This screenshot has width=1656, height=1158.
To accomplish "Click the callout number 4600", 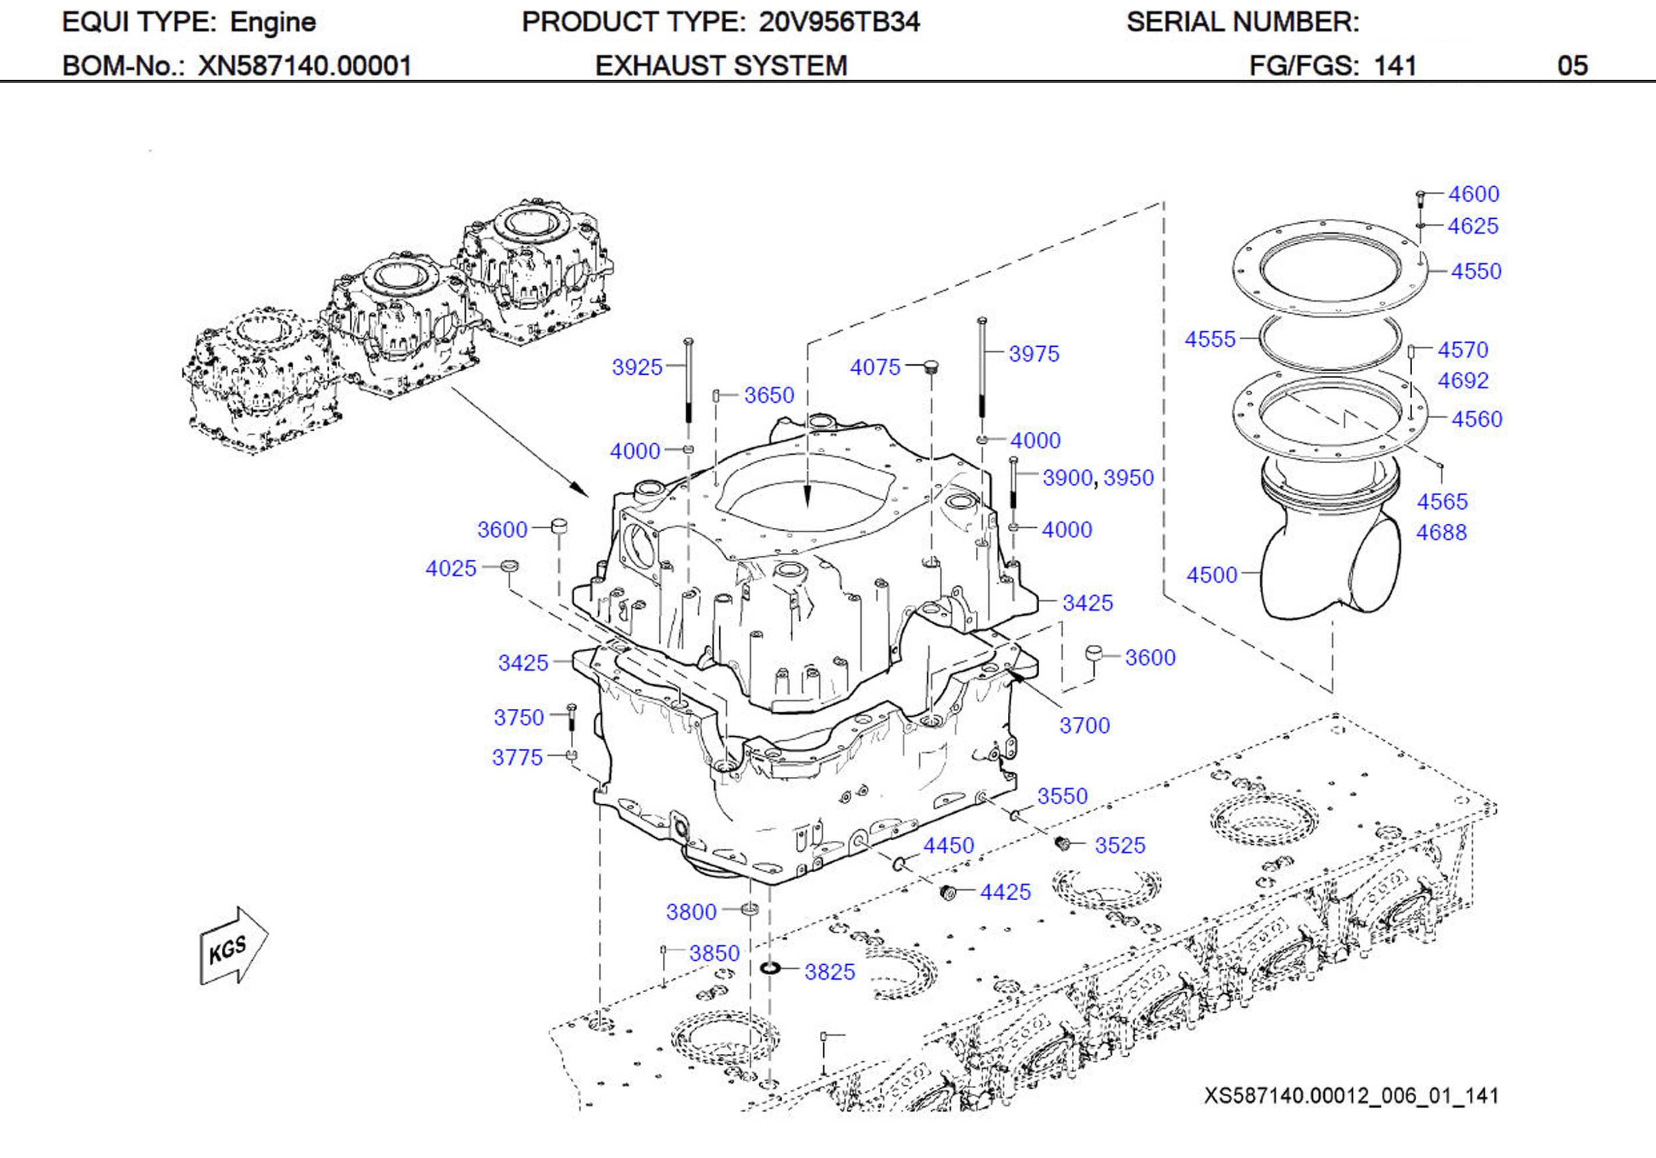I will click(x=1473, y=194).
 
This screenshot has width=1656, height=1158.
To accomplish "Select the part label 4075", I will click(x=875, y=367).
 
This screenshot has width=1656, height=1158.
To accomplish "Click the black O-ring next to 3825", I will click(x=770, y=968).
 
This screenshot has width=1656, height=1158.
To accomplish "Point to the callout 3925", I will click(x=637, y=367).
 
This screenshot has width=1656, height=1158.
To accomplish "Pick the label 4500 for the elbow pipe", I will click(x=1211, y=575).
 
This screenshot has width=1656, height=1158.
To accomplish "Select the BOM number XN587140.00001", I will click(x=304, y=66).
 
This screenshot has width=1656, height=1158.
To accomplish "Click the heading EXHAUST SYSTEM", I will click(x=720, y=66).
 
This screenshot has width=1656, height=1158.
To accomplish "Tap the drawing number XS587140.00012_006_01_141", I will click(x=1351, y=1096).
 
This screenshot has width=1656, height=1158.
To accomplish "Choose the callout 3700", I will click(x=1084, y=725).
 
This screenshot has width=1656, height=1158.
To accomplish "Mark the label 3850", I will click(x=714, y=953).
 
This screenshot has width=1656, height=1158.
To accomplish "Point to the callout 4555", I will click(x=1210, y=339).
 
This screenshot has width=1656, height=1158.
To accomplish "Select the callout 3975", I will click(x=1033, y=354).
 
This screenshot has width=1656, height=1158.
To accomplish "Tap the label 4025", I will click(x=451, y=569).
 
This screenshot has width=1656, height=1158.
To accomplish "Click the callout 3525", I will click(x=1120, y=845).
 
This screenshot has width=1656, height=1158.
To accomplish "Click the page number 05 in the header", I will click(x=1572, y=66).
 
